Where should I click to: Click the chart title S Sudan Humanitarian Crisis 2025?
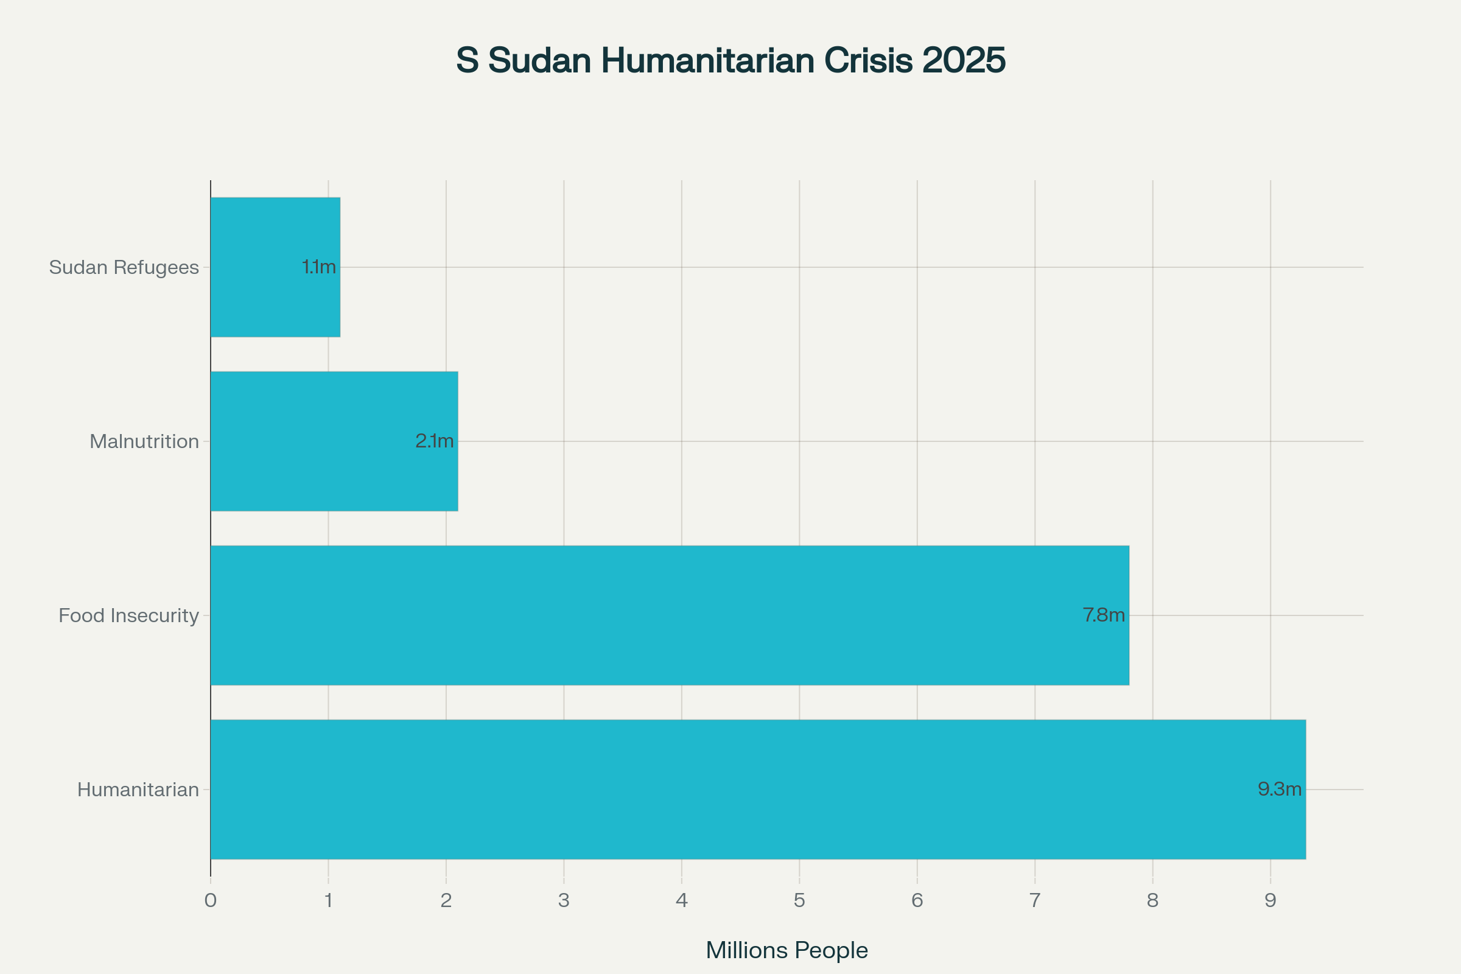click(x=730, y=60)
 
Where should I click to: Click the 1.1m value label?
click(x=318, y=267)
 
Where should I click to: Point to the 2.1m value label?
click(x=434, y=441)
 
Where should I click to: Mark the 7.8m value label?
click(x=1104, y=615)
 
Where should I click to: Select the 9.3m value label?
click(x=1280, y=790)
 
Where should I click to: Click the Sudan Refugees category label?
click(x=124, y=267)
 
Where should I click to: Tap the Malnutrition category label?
click(x=144, y=441)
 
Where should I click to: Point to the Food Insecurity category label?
click(x=128, y=615)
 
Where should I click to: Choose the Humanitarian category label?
click(x=138, y=790)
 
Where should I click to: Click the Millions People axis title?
click(x=787, y=950)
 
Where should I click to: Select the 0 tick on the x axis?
click(x=211, y=900)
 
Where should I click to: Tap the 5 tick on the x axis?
click(x=799, y=900)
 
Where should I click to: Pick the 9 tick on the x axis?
click(x=1270, y=900)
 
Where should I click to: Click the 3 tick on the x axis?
click(x=564, y=900)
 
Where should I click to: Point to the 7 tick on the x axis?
click(x=1035, y=900)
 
